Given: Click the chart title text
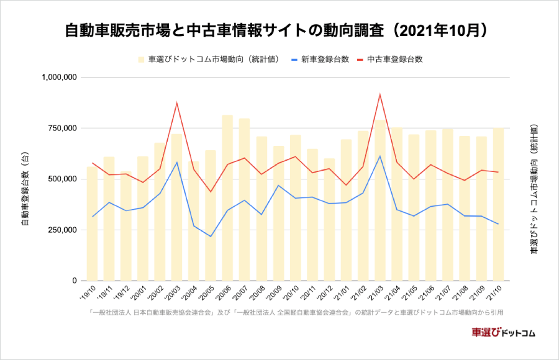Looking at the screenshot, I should [279, 30].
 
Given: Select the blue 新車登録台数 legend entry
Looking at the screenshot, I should [319, 60].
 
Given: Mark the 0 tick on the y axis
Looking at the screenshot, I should [73, 281].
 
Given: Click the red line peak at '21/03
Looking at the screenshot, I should [379, 94].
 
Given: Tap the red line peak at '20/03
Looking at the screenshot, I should [177, 102].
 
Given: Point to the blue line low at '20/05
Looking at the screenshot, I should [211, 236].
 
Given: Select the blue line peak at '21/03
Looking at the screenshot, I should [379, 156].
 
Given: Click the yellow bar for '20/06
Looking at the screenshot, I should [227, 199].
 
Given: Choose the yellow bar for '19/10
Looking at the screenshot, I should [92, 223].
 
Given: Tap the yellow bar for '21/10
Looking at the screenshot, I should [498, 205].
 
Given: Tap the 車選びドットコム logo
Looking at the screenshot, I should [504, 332].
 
